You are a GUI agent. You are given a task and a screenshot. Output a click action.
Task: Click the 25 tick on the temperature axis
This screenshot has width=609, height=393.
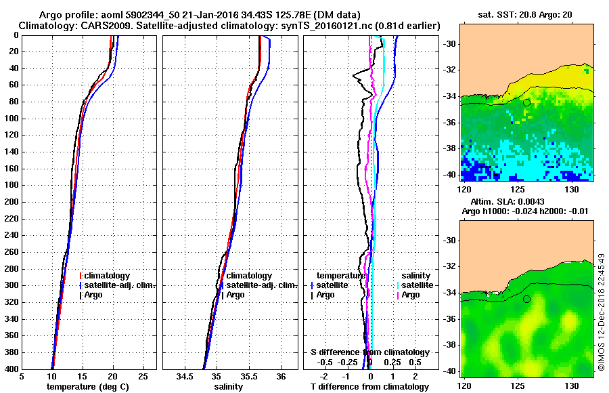pos(143,377)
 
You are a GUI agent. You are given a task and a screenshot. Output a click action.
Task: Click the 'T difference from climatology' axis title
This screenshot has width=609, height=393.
pos(369,387)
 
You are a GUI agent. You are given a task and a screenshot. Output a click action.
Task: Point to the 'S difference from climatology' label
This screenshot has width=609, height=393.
pos(369,352)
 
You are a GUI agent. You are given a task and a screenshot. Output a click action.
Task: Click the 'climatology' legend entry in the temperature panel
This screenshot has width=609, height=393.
pos(108,276)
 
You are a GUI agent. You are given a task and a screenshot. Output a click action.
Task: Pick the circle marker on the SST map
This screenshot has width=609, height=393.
pos(526,102)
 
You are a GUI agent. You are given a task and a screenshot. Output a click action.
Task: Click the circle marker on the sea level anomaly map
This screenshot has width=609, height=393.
pos(526,299)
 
